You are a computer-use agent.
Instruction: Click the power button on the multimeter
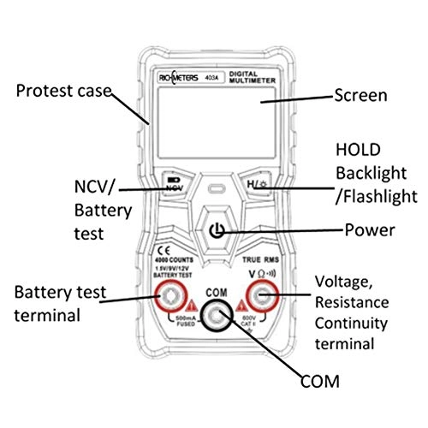[219, 231]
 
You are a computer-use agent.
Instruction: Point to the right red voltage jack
[262, 297]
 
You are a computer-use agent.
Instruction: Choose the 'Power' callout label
[369, 229]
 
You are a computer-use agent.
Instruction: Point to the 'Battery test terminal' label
[60, 302]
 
